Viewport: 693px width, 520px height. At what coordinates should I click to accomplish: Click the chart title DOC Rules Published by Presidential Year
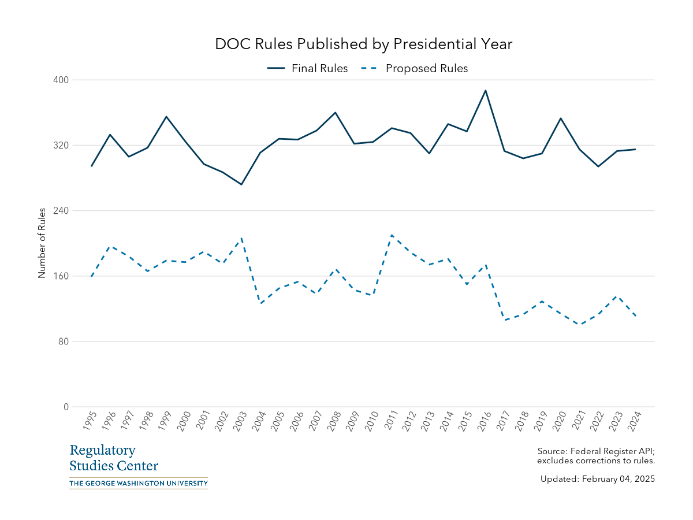(x=364, y=44)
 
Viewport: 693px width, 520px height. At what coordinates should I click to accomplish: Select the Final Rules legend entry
(x=308, y=68)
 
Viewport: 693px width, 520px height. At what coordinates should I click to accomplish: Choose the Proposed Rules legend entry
(x=415, y=68)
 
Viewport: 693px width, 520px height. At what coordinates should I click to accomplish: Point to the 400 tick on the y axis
(x=62, y=80)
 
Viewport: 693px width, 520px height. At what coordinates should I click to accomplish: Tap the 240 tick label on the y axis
(x=62, y=211)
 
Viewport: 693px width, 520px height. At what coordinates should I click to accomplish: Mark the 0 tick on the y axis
(x=66, y=407)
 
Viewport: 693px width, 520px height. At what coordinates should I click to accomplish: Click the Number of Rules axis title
(x=42, y=243)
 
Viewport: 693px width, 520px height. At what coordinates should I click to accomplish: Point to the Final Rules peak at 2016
(x=486, y=91)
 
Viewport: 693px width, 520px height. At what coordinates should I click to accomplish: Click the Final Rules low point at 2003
(x=241, y=184)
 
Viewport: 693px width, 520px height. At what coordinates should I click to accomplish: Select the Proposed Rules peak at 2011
(x=392, y=235)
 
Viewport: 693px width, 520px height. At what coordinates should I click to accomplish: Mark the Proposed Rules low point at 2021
(x=579, y=325)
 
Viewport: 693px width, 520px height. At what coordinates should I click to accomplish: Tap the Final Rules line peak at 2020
(x=561, y=118)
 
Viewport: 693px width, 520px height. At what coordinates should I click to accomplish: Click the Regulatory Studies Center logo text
(x=114, y=458)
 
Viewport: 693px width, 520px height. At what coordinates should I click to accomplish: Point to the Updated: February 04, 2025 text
(x=598, y=479)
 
